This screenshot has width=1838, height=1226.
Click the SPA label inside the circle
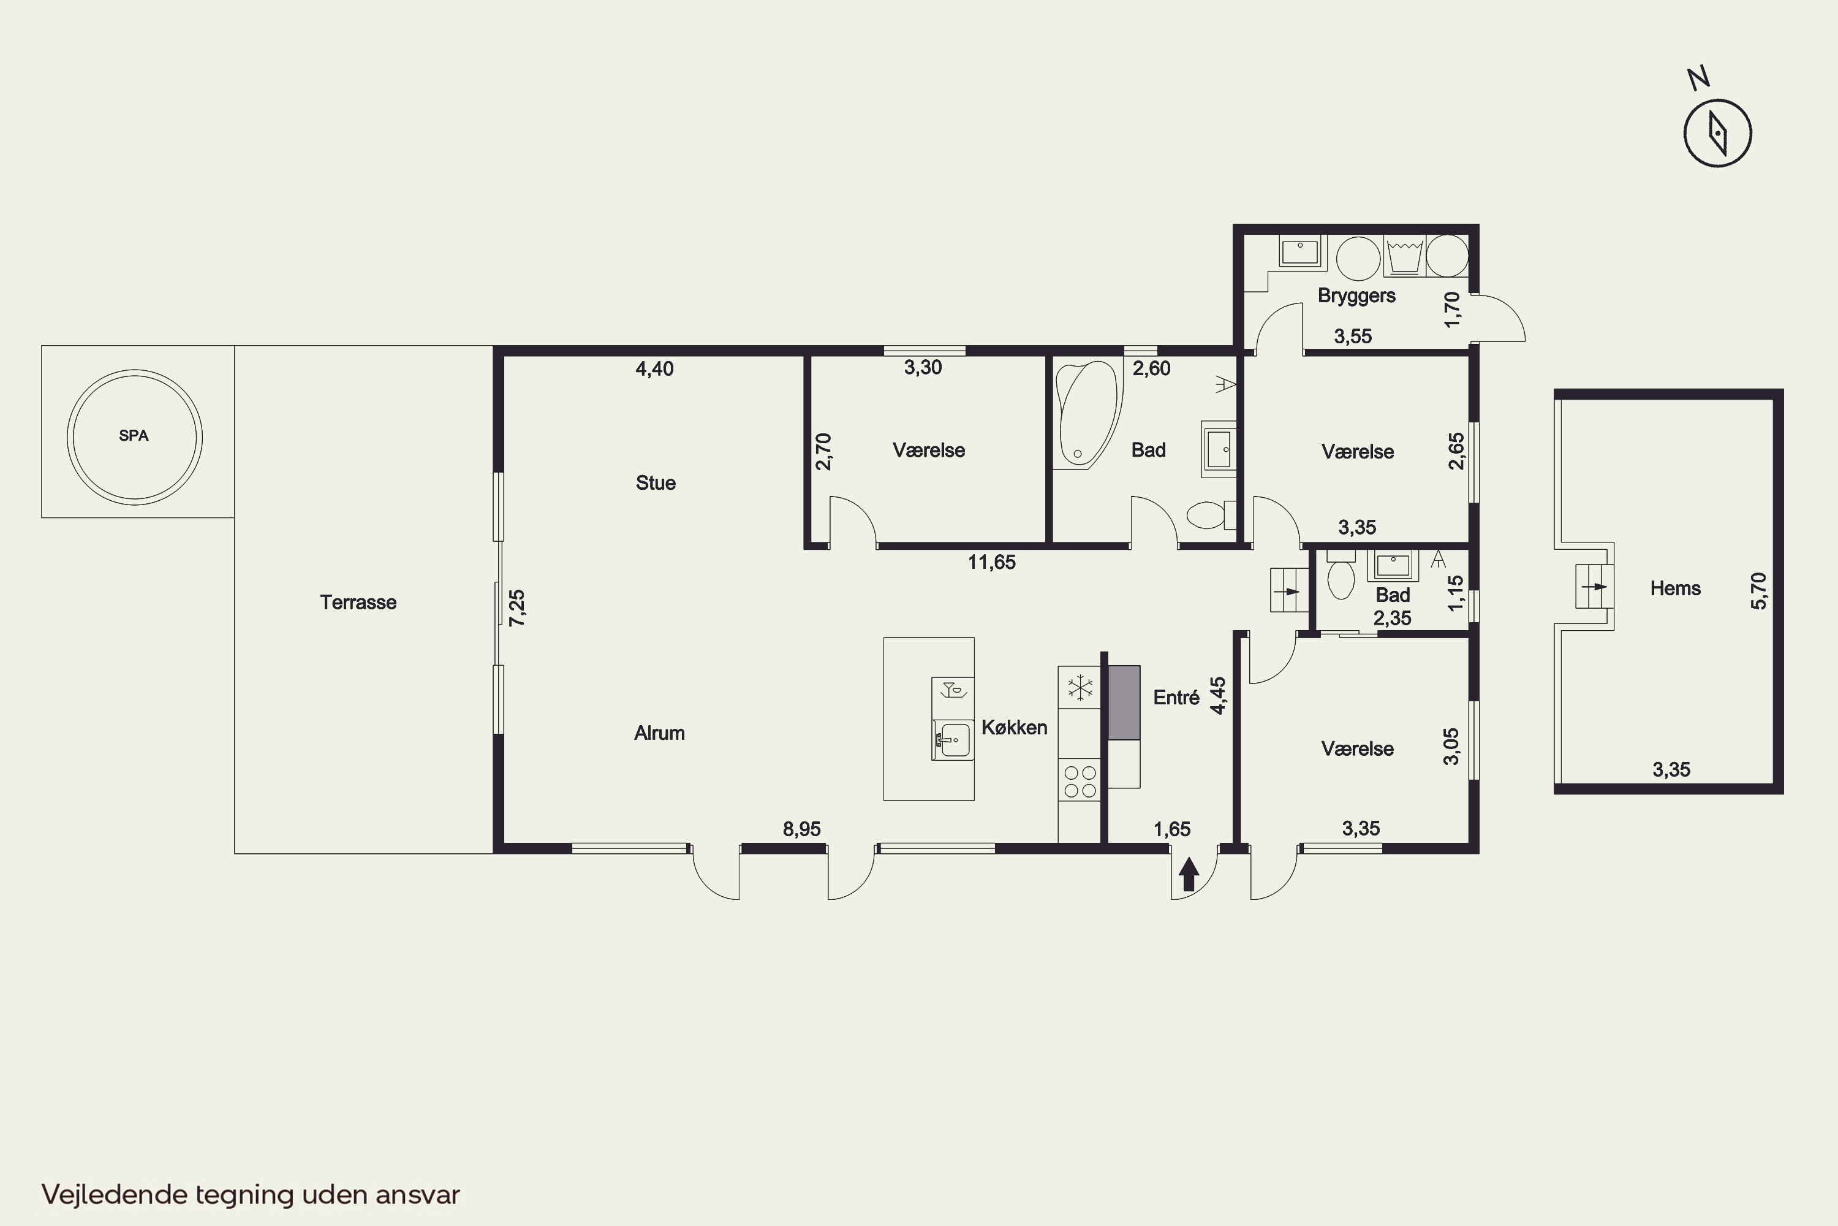click(x=134, y=435)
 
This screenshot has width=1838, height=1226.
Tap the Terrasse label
click(x=358, y=602)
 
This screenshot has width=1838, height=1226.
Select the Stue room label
click(x=656, y=482)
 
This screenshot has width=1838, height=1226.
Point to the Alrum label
click(x=660, y=733)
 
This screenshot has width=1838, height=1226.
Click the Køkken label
click(x=1015, y=727)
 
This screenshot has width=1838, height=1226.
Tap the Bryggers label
click(x=1356, y=295)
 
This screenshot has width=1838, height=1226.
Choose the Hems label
click(x=1676, y=588)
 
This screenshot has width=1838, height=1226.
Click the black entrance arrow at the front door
click(x=1189, y=874)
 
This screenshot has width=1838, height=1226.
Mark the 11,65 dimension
click(x=992, y=562)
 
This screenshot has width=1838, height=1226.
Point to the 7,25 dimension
click(x=517, y=607)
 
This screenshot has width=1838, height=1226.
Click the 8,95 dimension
click(x=802, y=829)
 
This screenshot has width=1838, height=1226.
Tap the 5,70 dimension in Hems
click(x=1758, y=590)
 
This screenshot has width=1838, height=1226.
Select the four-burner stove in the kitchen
click(x=1080, y=780)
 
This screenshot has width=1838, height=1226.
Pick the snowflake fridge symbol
click(x=1080, y=688)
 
